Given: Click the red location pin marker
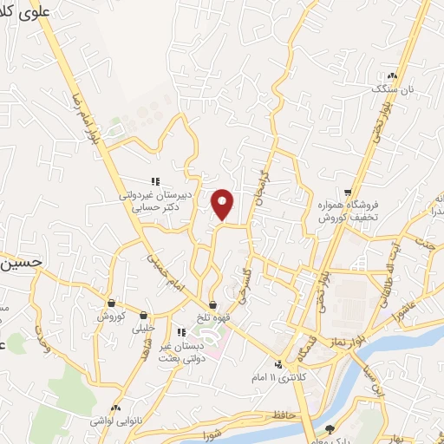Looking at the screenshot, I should tap(223, 204).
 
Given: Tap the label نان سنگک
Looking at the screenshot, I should tap(389, 88).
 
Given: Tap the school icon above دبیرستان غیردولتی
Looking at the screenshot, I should tap(155, 181).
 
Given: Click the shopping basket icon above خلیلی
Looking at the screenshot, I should tap(142, 316).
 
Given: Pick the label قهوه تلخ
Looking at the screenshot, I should tap(212, 317).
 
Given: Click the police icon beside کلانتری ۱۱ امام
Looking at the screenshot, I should tap(278, 364).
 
